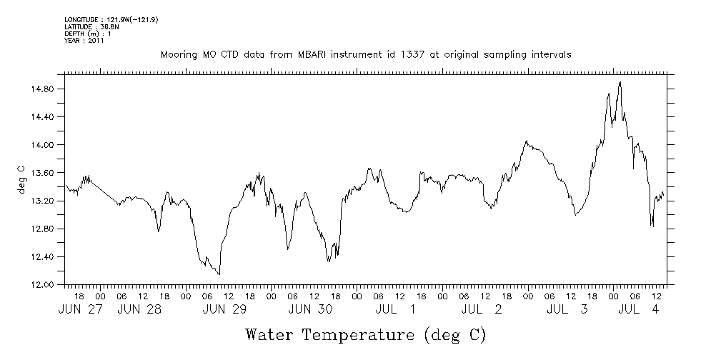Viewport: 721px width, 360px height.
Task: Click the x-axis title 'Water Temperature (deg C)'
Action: (x=366, y=334)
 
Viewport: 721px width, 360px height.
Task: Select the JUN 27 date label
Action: (x=80, y=309)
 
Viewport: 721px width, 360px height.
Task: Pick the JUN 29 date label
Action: (x=225, y=309)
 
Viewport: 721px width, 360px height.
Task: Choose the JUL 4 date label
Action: (x=638, y=309)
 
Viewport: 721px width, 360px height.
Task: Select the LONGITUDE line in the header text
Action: (x=111, y=19)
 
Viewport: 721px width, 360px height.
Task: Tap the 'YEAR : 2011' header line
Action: (x=84, y=41)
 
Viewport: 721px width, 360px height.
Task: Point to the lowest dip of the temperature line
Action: (x=219, y=274)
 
